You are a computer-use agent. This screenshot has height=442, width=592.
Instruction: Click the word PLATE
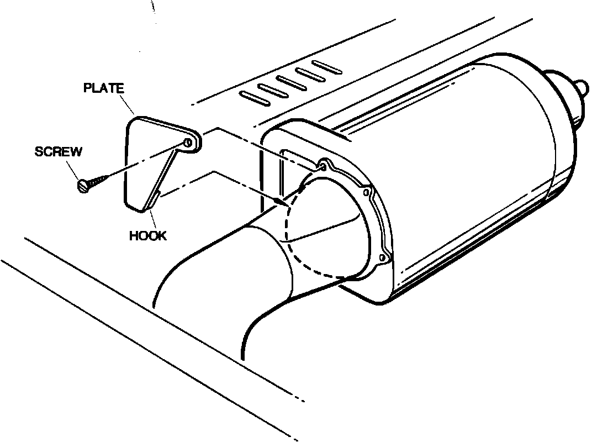click(x=104, y=88)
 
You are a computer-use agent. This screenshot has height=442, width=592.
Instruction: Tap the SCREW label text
click(x=58, y=152)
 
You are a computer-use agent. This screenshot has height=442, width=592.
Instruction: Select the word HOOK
click(x=148, y=236)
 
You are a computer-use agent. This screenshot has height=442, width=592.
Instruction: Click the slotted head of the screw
click(x=83, y=186)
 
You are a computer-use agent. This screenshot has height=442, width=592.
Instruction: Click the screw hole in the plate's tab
click(x=188, y=143)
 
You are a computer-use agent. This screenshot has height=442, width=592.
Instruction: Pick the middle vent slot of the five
click(x=291, y=82)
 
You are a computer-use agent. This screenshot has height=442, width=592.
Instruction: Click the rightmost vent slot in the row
click(x=326, y=66)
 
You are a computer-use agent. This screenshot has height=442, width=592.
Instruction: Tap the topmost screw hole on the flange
click(x=323, y=165)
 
